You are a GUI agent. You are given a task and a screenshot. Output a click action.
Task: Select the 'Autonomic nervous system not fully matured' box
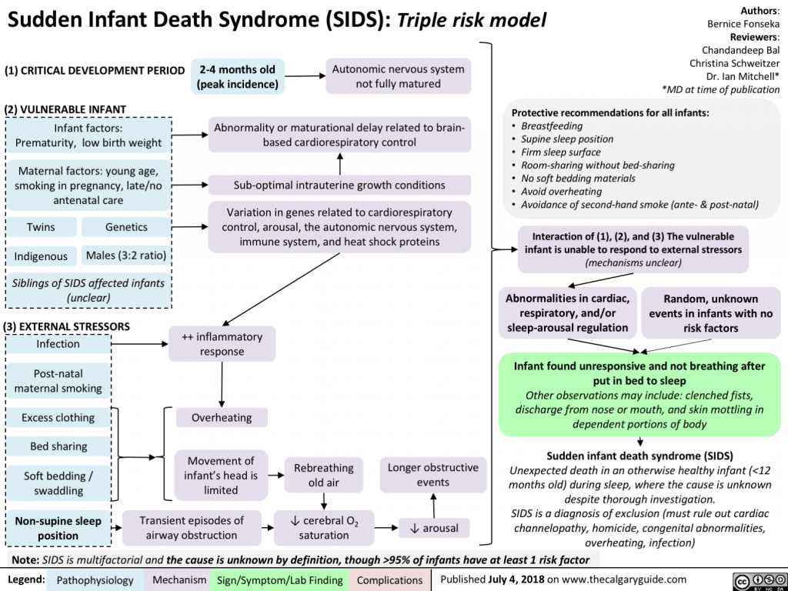398,76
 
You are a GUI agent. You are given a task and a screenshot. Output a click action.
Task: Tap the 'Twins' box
41,227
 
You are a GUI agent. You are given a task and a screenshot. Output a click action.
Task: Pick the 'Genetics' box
126,227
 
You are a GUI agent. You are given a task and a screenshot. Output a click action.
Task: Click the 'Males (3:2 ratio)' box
126,255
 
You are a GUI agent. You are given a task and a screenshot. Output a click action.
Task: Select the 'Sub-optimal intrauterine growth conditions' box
339,185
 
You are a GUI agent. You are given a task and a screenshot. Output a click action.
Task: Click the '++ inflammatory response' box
222,344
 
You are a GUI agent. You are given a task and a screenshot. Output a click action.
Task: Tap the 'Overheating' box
222,418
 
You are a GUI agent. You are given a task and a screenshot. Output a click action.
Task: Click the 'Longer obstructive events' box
432,475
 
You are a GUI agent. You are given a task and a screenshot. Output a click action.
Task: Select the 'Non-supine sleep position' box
58,528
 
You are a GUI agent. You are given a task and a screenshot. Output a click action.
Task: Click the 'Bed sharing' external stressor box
58,446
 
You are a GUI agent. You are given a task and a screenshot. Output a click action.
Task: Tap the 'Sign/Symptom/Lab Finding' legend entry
280,579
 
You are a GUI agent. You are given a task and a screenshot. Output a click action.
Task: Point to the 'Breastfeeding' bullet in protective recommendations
552,126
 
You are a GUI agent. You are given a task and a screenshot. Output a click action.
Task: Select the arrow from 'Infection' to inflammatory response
140,344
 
